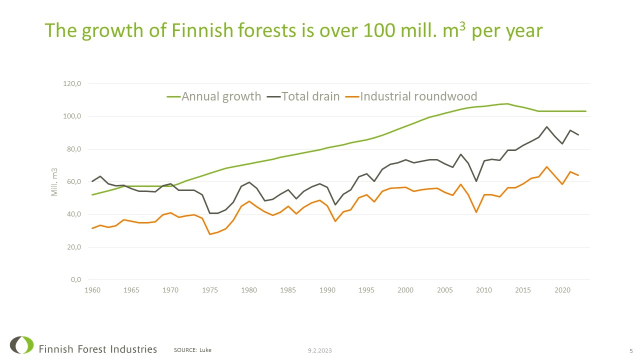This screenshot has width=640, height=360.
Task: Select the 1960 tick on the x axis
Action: tap(92, 290)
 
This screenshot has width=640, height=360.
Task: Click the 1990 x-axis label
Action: tap(327, 290)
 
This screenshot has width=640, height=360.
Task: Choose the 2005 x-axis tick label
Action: tap(445, 290)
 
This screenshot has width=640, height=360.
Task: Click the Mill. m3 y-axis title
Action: tap(55, 182)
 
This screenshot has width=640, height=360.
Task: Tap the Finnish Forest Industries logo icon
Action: tap(21, 345)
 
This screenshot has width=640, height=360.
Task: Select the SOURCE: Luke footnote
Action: tap(192, 350)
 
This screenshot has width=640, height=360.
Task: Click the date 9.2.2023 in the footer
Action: tap(320, 350)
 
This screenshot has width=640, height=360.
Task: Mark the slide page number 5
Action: tap(630, 350)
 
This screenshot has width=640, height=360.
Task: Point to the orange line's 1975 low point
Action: tap(210, 234)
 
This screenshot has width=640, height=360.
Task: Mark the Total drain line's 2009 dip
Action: tap(476, 181)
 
